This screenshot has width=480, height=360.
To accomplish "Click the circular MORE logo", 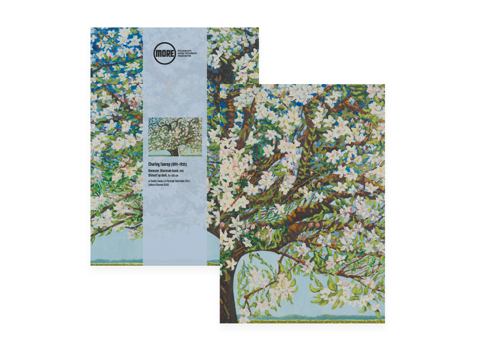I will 164,53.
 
